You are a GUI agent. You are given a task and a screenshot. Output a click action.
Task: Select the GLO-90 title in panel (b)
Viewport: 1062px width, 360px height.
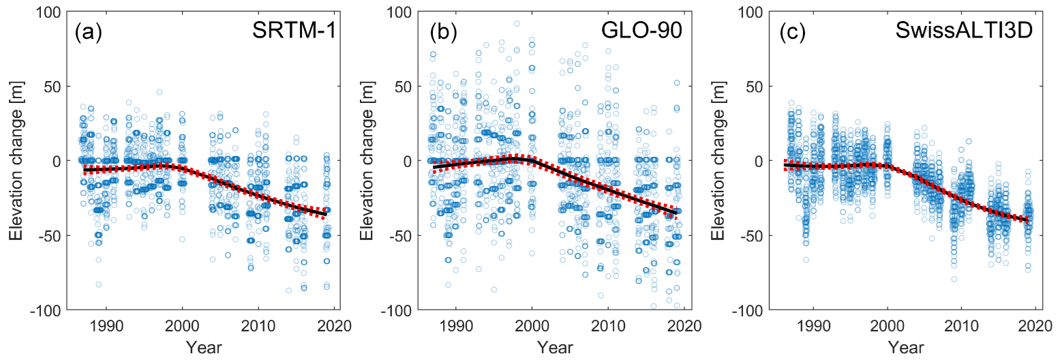pyautogui.click(x=646, y=33)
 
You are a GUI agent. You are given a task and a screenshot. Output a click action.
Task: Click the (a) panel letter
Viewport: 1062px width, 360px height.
pyautogui.click(x=89, y=33)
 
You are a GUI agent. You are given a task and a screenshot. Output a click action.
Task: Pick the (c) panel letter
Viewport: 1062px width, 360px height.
pyautogui.click(x=792, y=33)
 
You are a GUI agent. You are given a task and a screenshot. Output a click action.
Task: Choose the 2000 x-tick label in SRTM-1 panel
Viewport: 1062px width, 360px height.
pyautogui.click(x=182, y=325)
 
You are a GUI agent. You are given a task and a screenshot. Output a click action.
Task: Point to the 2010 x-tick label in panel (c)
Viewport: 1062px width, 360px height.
pyautogui.click(x=961, y=325)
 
